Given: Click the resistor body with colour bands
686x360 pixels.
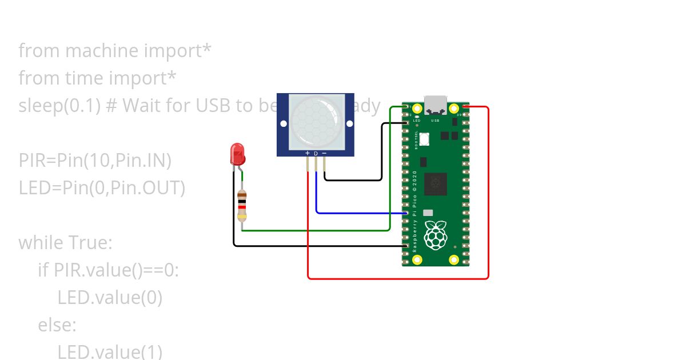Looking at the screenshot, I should (242, 206).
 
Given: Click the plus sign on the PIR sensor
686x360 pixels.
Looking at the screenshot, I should (308, 153).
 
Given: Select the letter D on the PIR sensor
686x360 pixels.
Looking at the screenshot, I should (316, 153).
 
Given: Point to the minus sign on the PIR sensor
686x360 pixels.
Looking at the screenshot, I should (324, 153).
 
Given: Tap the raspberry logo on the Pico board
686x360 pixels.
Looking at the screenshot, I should (436, 234).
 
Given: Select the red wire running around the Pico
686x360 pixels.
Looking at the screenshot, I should (488, 194).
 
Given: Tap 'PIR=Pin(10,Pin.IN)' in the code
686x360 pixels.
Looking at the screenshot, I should (95, 161).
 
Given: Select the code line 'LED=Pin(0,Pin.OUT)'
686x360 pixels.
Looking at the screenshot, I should (102, 188).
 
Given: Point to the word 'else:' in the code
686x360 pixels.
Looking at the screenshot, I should (57, 325).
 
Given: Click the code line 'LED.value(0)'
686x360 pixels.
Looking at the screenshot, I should (110, 298).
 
